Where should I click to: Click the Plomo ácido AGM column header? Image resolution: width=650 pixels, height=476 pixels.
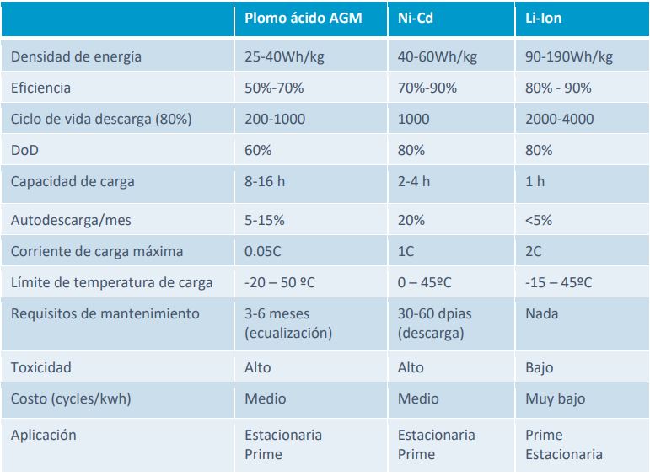(303, 18)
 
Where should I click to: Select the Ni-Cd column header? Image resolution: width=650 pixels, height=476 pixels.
(416, 18)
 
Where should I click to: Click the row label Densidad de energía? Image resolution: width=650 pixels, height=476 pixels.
(76, 57)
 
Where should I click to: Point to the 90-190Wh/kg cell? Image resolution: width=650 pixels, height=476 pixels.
(569, 57)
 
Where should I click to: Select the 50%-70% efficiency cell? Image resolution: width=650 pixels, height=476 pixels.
(274, 88)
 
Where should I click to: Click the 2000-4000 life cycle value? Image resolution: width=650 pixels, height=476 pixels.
(559, 119)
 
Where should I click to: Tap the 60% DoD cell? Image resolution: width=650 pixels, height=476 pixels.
(258, 150)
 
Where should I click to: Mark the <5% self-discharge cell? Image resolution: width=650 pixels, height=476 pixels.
(540, 220)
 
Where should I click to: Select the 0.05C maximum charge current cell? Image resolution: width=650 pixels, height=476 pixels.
(263, 251)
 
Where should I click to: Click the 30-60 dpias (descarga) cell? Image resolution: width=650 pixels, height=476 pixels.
(434, 323)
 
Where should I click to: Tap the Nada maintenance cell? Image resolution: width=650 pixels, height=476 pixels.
(541, 313)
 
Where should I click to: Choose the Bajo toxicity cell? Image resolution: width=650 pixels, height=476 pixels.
(540, 367)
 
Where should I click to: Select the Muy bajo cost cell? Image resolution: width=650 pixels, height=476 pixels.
(555, 398)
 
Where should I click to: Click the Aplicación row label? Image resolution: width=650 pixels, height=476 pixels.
(44, 435)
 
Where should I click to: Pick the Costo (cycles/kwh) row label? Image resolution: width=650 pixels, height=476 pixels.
(72, 398)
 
